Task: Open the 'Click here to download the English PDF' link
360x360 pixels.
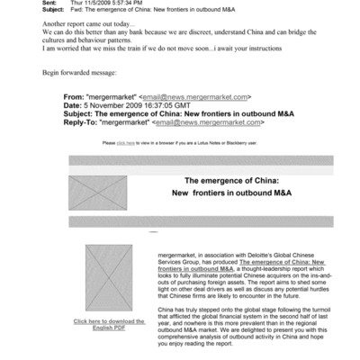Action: click(109, 323)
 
